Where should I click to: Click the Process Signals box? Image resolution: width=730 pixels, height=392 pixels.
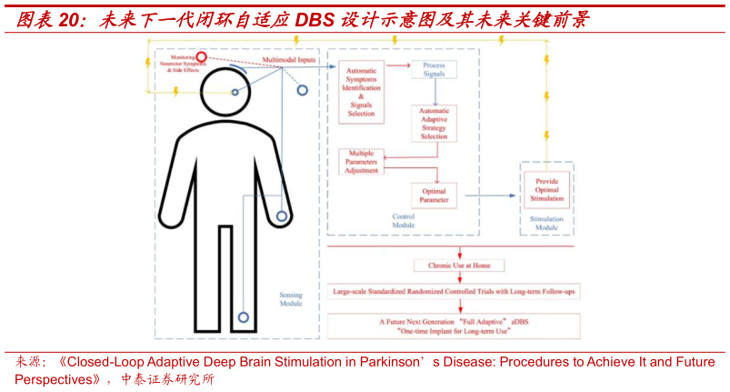435,70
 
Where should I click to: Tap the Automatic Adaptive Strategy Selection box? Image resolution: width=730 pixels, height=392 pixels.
435,124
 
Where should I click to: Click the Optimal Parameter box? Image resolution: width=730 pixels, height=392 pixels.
434,193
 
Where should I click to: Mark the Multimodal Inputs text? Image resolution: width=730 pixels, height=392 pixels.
290,60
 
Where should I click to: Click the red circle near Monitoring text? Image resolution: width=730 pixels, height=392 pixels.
202,57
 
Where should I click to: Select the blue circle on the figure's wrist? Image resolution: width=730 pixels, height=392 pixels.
282,216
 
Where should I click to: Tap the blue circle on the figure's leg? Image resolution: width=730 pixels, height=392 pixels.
243,317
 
